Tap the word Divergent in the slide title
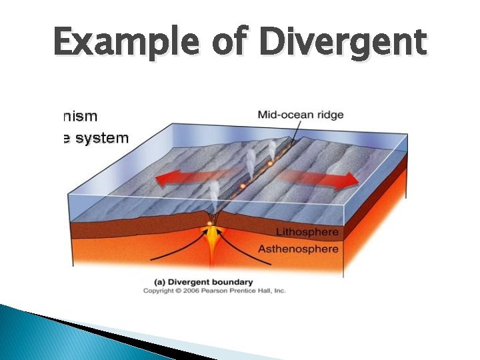(343, 42)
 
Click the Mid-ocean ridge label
(301, 115)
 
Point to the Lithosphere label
(307, 233)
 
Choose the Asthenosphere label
(307, 249)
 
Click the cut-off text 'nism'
(78, 116)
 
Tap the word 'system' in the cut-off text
(100, 139)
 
